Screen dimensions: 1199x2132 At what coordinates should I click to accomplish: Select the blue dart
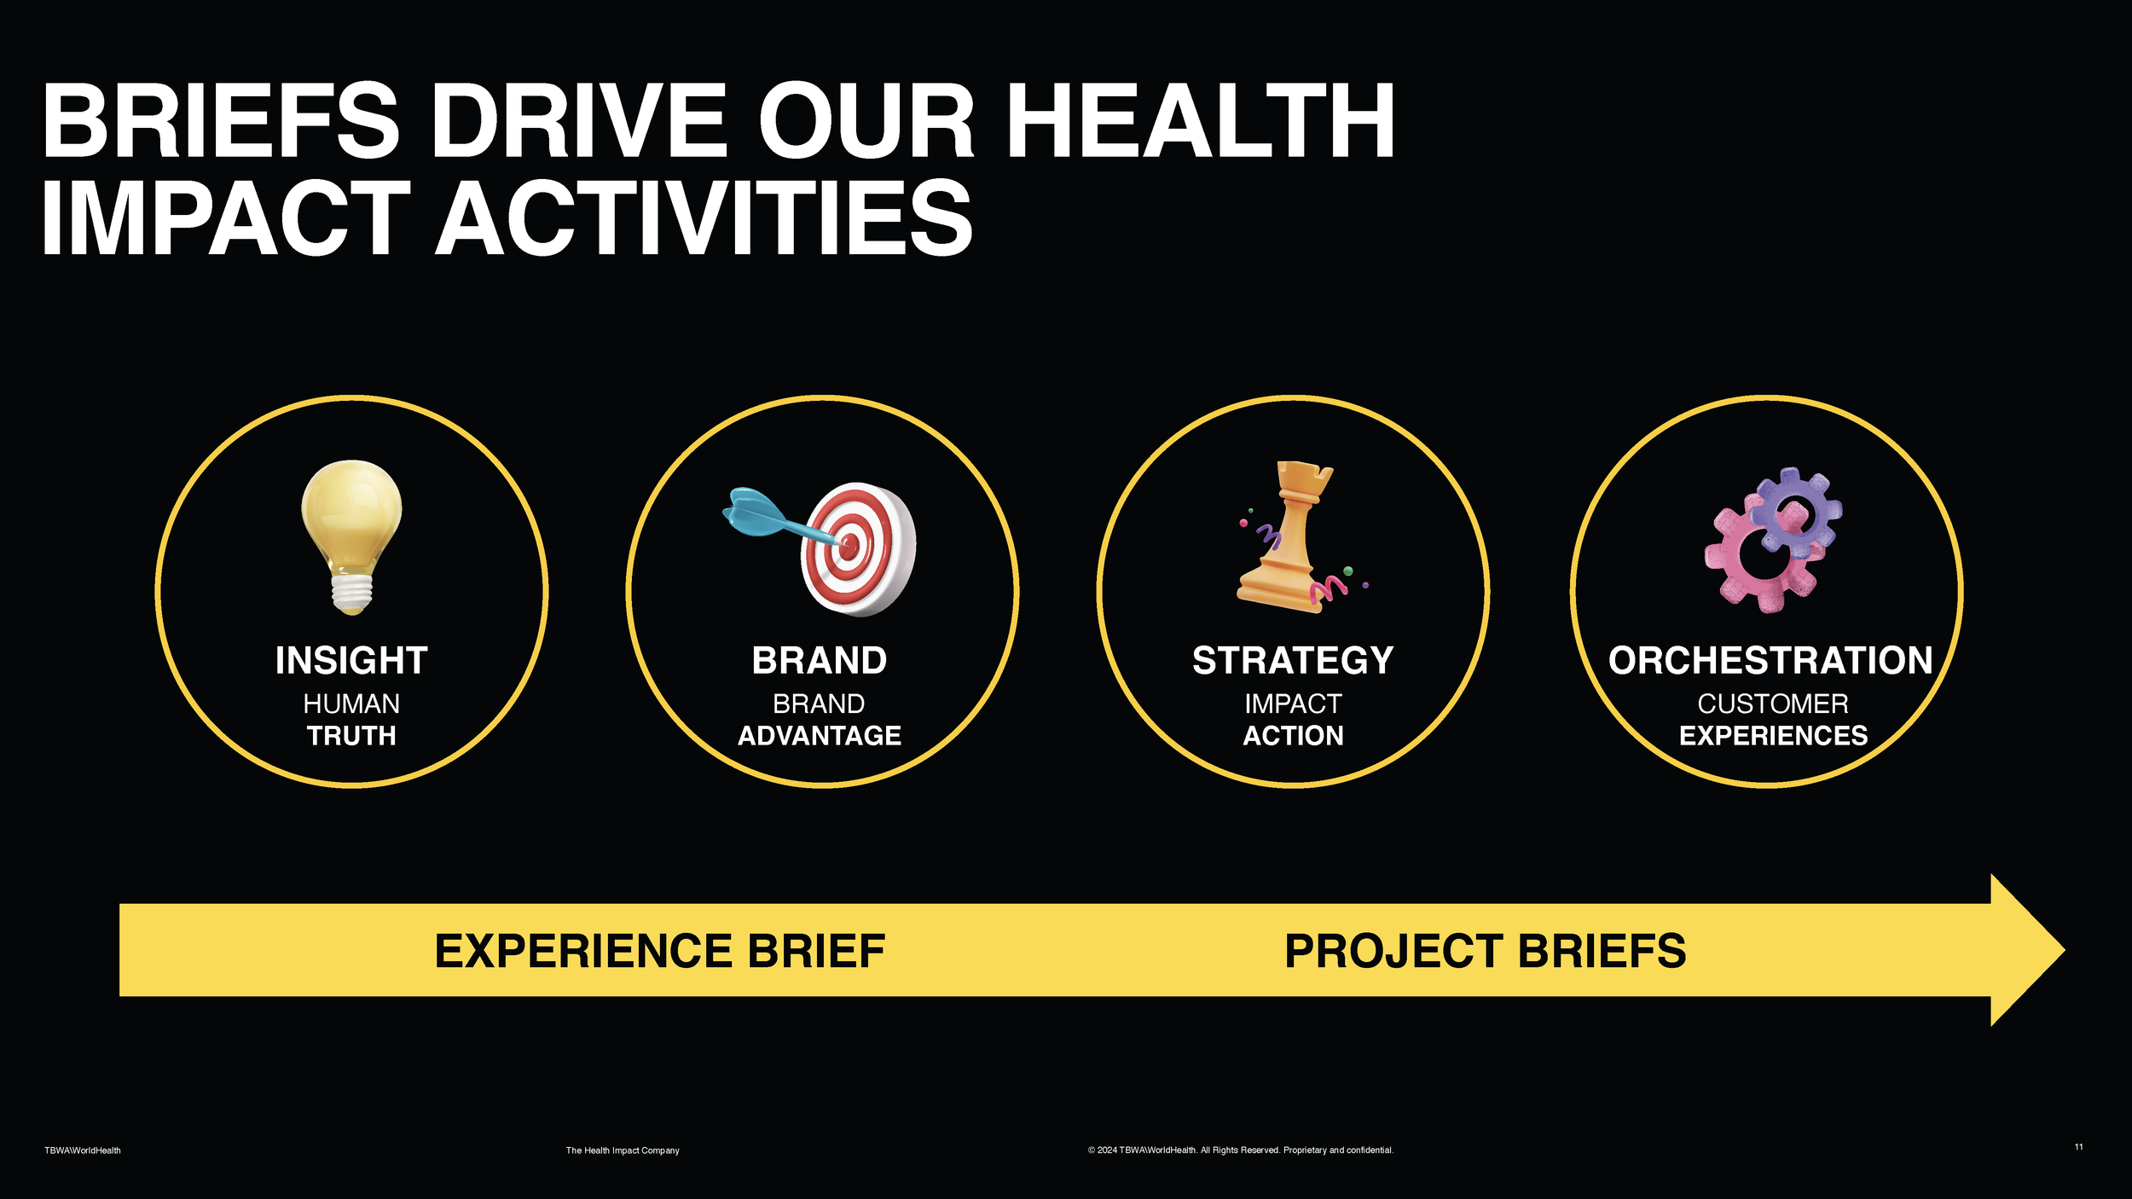pos(755,513)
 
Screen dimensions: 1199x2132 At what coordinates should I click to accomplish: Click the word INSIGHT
pos(351,661)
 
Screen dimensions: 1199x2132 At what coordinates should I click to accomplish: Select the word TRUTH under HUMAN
pos(351,735)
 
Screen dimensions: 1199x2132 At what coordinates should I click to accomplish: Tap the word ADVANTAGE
pos(819,735)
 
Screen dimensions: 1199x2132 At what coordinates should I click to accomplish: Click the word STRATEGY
pos(1293,661)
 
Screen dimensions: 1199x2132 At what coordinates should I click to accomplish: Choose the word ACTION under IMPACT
pos(1293,735)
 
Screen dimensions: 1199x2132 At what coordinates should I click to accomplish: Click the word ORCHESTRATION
pos(1770,661)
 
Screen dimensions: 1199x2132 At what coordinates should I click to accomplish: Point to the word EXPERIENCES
pos(1773,735)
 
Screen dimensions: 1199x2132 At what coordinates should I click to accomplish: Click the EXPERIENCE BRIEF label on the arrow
pos(659,951)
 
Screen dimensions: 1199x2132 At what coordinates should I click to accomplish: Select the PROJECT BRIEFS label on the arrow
pos(1485,951)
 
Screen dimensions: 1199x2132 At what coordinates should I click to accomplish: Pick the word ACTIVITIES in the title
pos(704,218)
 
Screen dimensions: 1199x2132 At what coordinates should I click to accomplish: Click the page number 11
pos(2078,1147)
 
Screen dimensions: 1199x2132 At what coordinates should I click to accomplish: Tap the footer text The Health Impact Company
pos(623,1150)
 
